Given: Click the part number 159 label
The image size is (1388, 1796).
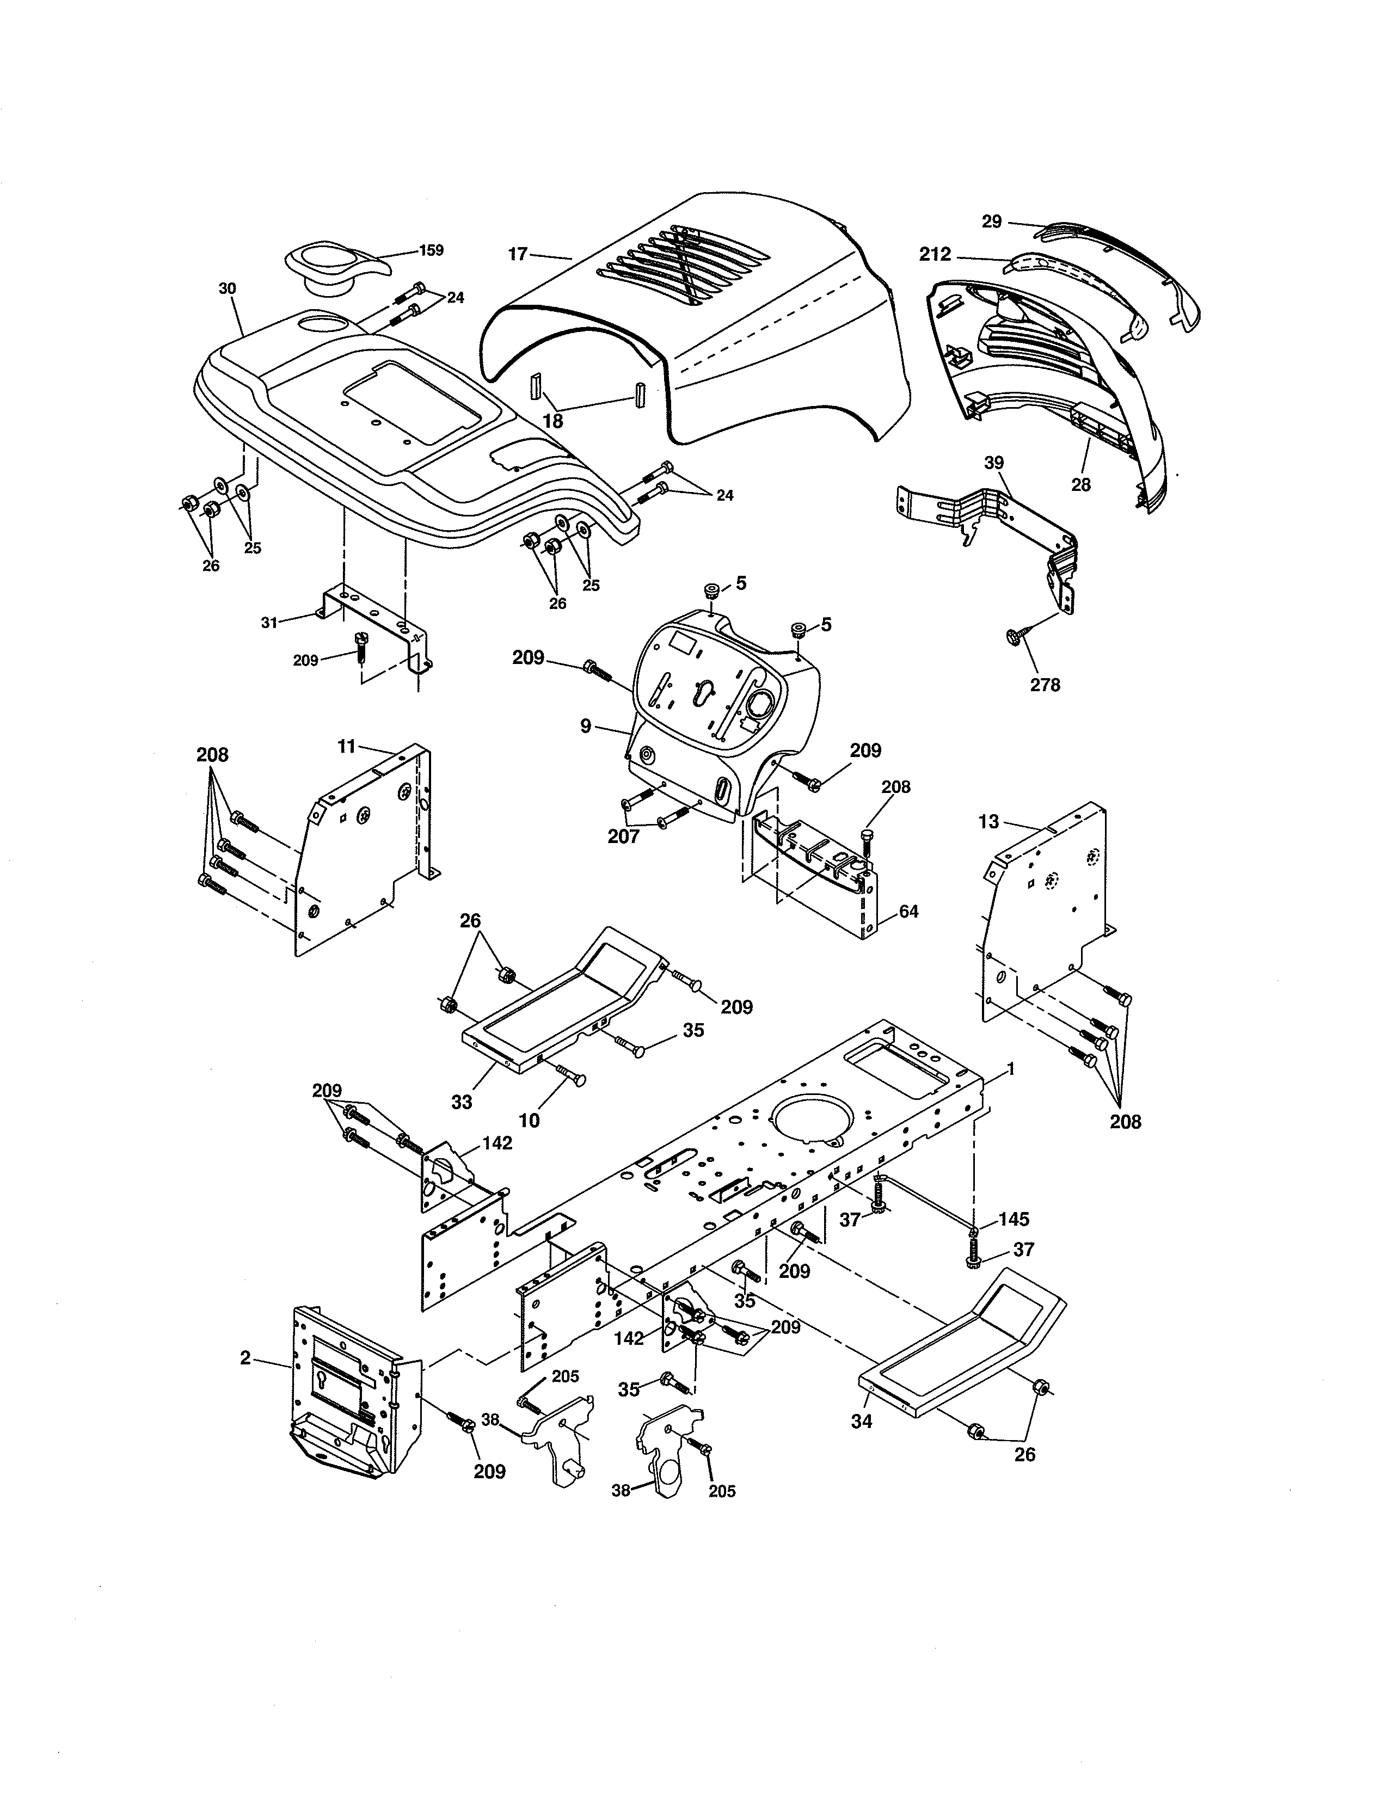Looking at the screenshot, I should pyautogui.click(x=431, y=250).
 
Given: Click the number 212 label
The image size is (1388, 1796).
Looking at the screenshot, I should pyautogui.click(x=935, y=255).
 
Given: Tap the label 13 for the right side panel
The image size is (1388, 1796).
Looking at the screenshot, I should pyautogui.click(x=988, y=821).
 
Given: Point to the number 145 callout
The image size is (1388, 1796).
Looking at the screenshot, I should pyautogui.click(x=1014, y=1219).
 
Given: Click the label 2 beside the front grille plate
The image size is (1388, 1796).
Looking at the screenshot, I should pyautogui.click(x=245, y=1358).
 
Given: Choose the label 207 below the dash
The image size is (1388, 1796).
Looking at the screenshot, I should pyautogui.click(x=623, y=837).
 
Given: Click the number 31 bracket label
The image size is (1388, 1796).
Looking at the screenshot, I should pyautogui.click(x=269, y=623).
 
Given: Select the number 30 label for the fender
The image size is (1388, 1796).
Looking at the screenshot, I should pyautogui.click(x=227, y=288).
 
